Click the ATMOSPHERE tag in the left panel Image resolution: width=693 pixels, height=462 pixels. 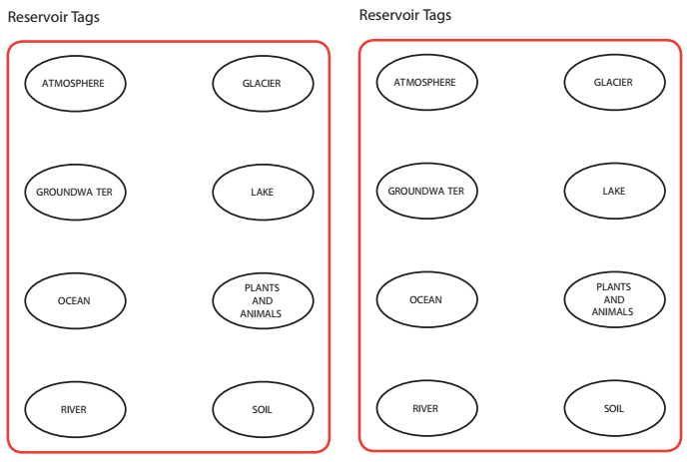[75, 83]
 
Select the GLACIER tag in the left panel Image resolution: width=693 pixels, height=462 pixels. [263, 83]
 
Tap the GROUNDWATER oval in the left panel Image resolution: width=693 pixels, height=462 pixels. [75, 192]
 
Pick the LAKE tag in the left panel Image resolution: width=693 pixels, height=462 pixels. [263, 192]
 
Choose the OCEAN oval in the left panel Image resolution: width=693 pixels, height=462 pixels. [75, 300]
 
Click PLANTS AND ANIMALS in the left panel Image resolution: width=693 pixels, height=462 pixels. [263, 300]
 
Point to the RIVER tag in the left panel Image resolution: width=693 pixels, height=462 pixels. [75, 409]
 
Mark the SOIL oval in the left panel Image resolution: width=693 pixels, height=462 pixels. [263, 409]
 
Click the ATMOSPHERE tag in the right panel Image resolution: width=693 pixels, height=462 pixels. [426, 82]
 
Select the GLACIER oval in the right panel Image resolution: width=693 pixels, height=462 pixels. [614, 82]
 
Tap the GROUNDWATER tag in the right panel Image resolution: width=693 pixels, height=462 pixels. [426, 191]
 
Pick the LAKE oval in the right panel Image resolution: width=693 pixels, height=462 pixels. [614, 191]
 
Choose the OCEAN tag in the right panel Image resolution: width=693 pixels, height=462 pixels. [426, 299]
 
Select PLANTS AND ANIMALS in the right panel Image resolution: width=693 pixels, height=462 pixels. [614, 299]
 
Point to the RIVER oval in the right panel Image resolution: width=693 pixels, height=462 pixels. [426, 408]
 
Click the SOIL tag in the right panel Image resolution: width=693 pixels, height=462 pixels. [614, 408]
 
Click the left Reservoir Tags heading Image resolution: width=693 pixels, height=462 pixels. [54, 18]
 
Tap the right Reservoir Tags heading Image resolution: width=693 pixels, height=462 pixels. [405, 15]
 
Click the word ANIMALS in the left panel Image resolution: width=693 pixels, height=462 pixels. [262, 313]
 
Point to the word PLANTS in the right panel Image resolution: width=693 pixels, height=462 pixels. [614, 287]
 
